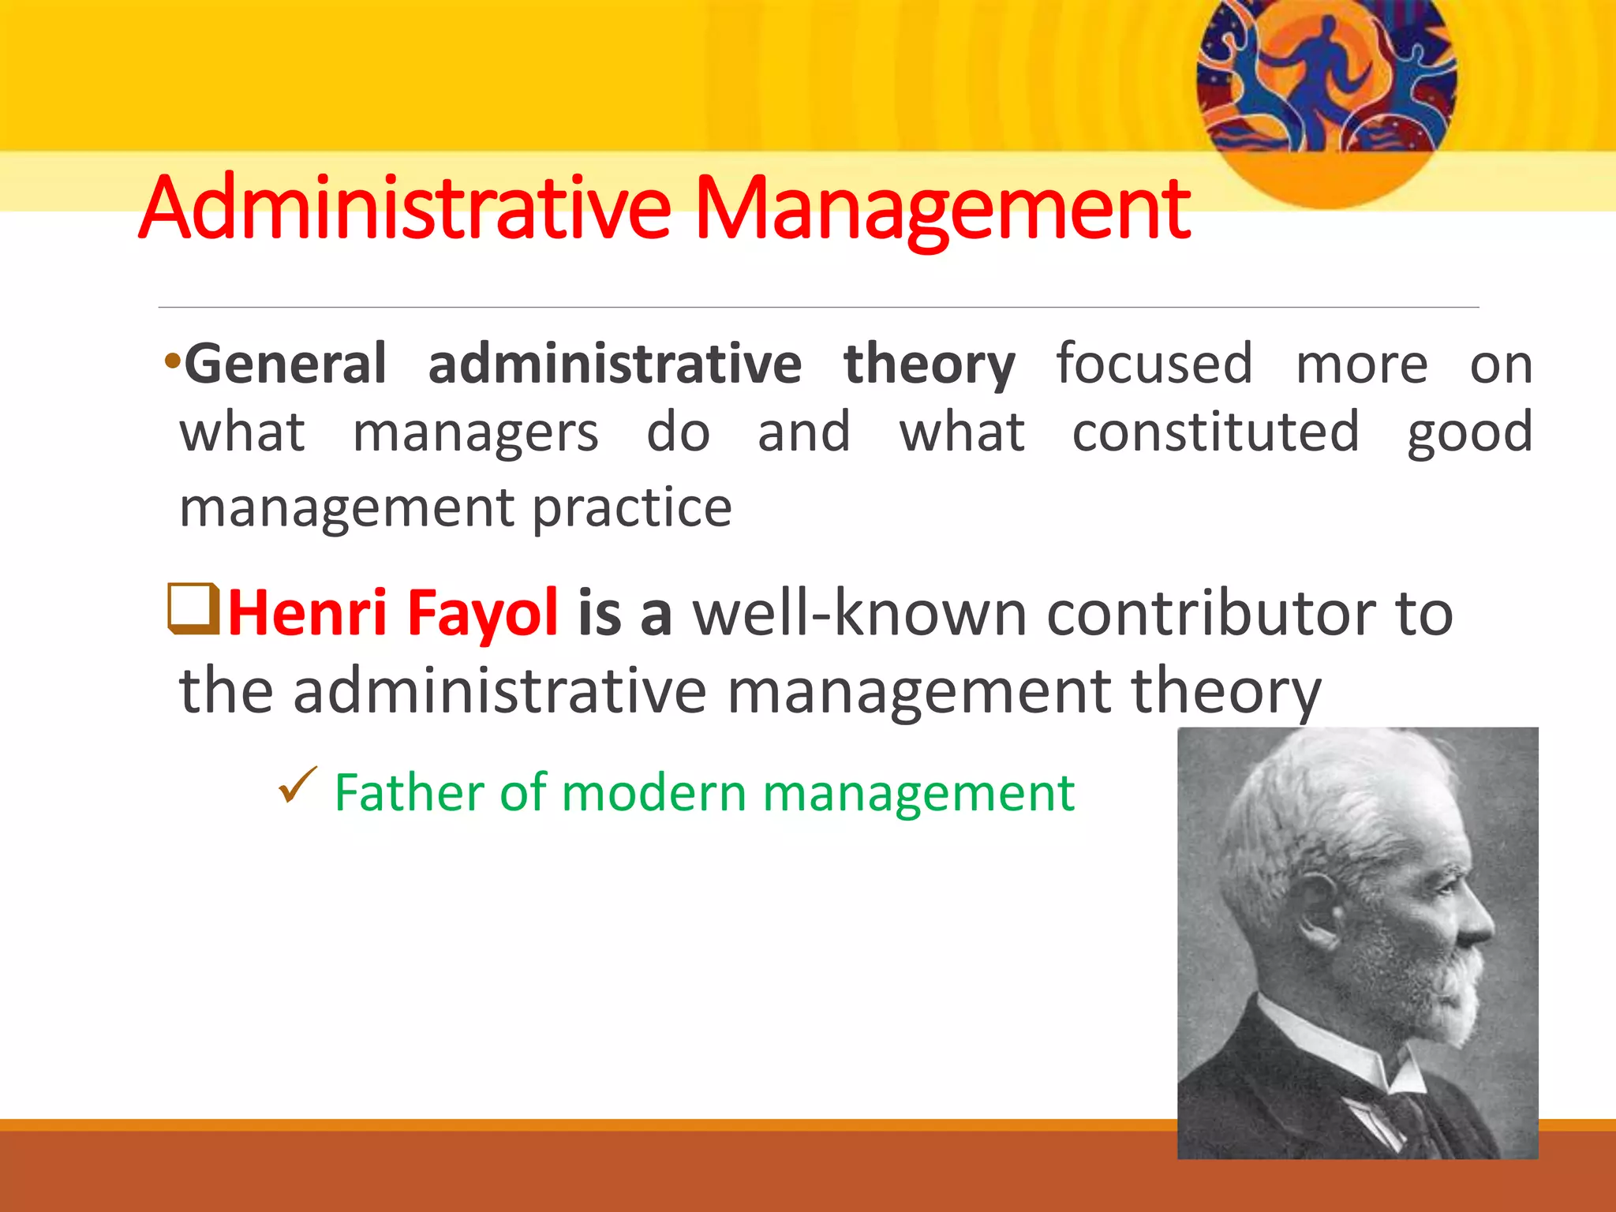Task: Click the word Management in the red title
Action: (943, 209)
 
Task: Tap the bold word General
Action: (285, 365)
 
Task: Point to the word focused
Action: (1154, 365)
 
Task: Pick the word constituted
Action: (1215, 432)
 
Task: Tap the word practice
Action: (632, 509)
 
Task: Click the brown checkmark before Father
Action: (297, 785)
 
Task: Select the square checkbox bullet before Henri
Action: (193, 608)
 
